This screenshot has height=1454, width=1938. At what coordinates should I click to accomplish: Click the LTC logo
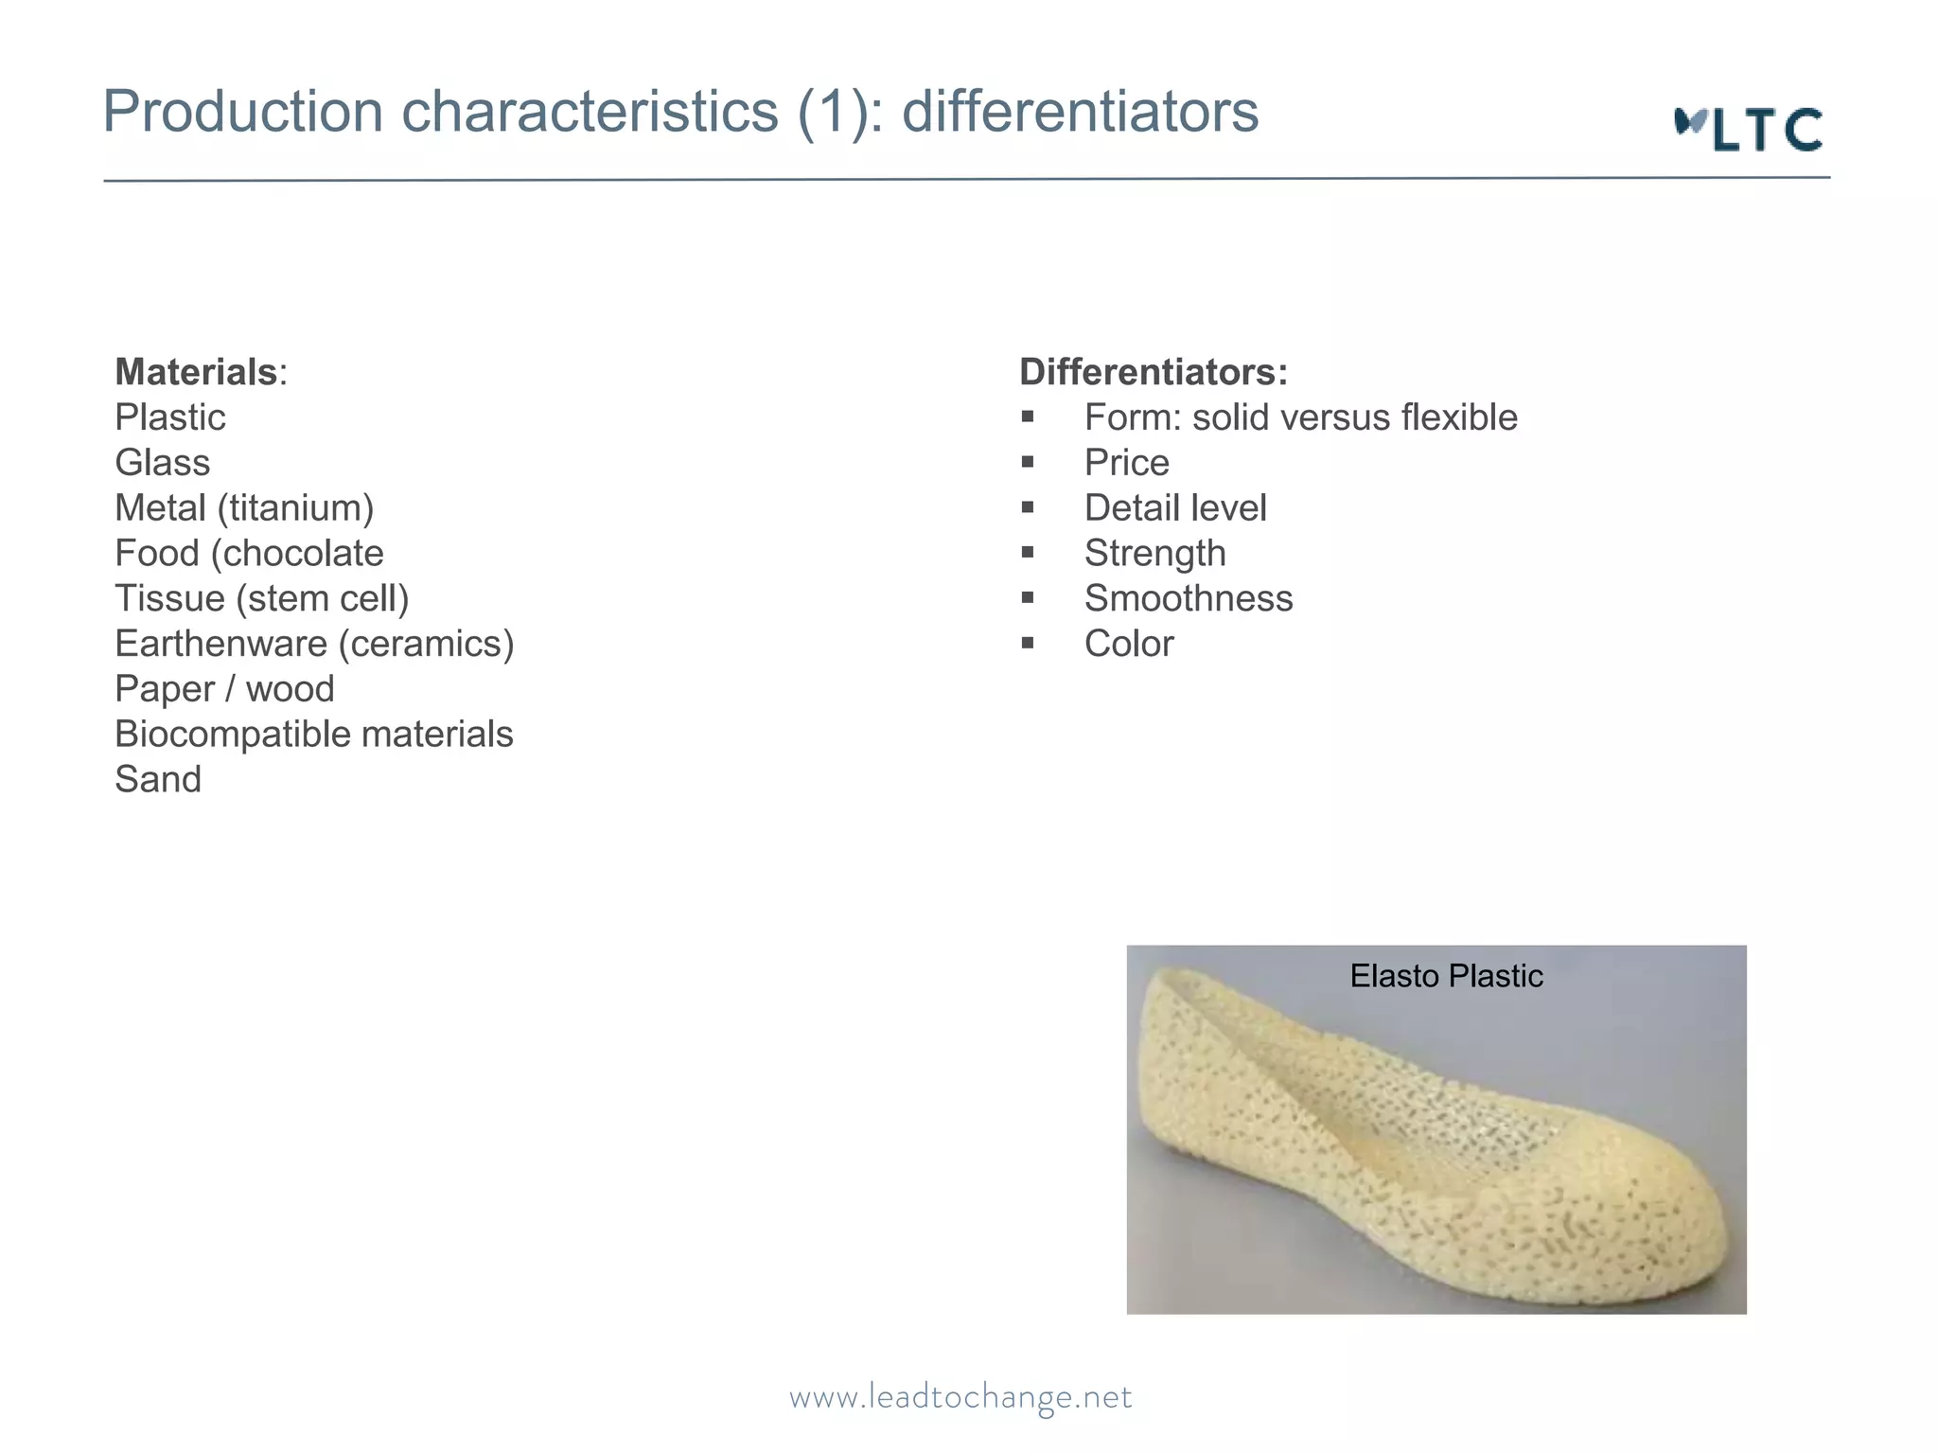pos(1749,130)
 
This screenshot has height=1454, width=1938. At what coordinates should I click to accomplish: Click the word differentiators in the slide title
pos(1080,112)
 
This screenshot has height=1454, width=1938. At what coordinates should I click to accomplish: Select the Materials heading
pos(196,372)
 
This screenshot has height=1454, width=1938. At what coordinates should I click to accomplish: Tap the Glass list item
pos(163,463)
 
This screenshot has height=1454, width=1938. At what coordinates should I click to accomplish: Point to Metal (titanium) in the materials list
pos(244,508)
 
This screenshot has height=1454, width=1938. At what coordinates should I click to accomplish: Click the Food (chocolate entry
pos(249,554)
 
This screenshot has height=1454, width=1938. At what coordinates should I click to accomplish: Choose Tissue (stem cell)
pos(262,599)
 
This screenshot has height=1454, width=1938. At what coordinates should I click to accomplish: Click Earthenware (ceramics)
pos(314,645)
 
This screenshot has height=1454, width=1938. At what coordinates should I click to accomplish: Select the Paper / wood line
pos(224,689)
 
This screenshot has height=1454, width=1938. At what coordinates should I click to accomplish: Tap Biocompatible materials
pos(314,735)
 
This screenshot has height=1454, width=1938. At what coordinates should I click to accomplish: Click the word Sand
pos(158,780)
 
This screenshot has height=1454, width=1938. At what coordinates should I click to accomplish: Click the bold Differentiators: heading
pos(1154,372)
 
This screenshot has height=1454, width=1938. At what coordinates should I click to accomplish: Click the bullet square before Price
pos(1028,462)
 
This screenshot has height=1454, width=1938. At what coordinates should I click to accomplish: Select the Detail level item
pos(1174,508)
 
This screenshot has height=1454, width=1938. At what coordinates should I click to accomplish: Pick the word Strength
pos(1154,554)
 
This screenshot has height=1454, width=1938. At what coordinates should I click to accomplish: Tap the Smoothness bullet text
pos(1189,599)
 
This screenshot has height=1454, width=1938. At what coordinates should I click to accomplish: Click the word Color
pos(1129,645)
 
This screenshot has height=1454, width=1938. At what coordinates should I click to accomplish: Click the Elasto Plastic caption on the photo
pos(1446,976)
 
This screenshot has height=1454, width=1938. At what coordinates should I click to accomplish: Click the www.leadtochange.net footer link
pos(960,1397)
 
